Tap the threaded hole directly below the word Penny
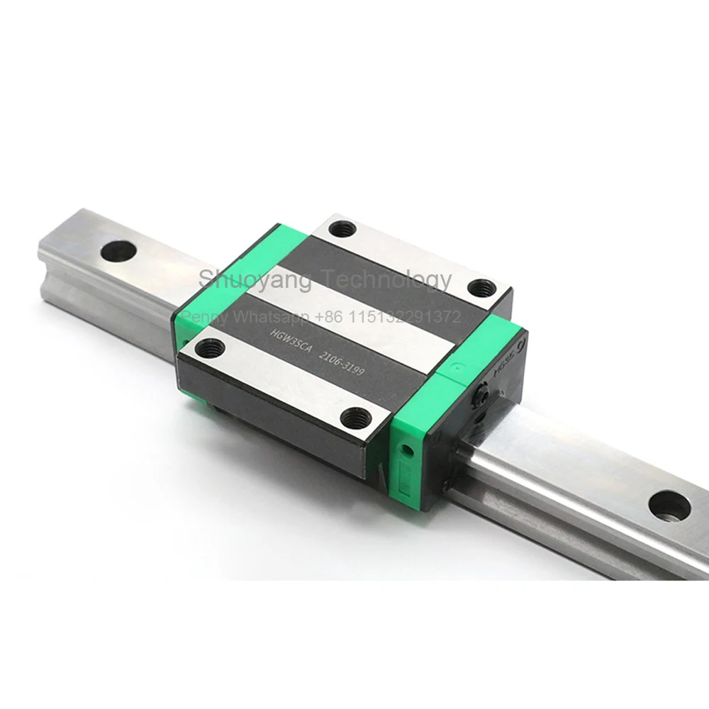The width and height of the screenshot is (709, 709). pos(211,347)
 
